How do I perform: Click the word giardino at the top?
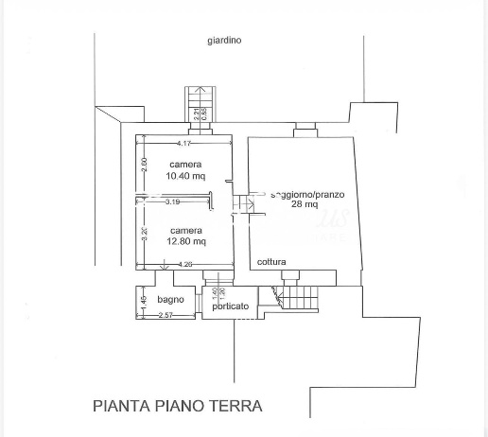pos(224,40)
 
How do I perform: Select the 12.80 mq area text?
pos(186,242)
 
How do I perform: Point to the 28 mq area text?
pos(304,204)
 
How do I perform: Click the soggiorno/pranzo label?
pos(306,194)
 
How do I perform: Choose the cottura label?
pos(271,262)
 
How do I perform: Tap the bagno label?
pos(171,300)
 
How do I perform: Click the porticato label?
pos(231,306)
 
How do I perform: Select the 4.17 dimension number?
pos(183,144)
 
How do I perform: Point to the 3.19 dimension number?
pos(172,201)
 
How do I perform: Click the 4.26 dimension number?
pos(185,265)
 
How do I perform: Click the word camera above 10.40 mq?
pos(185,165)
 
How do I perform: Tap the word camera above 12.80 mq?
pos(186,231)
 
